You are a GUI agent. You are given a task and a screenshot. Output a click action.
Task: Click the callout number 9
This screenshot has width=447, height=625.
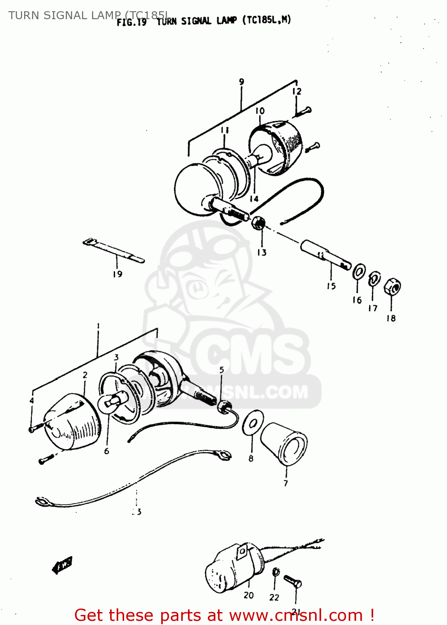tap(242, 82)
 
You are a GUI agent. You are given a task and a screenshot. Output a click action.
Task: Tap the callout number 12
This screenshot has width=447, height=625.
tap(297, 91)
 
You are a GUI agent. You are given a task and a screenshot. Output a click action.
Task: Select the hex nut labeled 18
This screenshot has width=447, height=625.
tap(392, 287)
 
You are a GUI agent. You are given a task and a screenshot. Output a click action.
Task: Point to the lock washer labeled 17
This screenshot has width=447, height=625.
tap(374, 279)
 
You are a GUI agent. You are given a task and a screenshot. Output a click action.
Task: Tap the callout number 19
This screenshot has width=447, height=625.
tap(117, 274)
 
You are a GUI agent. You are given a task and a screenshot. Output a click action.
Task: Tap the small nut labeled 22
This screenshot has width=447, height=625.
tap(275, 572)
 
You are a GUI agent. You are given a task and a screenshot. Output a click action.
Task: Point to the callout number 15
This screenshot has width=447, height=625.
tap(331, 286)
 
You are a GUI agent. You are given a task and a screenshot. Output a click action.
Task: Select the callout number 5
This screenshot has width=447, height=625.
tap(222, 370)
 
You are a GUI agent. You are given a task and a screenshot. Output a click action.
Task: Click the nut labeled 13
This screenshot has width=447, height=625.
tap(258, 223)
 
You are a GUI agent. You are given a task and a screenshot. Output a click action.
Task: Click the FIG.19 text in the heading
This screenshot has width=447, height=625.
tap(132, 22)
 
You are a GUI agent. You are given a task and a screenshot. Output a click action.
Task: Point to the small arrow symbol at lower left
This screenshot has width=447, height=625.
tap(62, 565)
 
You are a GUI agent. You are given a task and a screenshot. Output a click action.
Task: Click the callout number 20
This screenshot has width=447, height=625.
tap(249, 595)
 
